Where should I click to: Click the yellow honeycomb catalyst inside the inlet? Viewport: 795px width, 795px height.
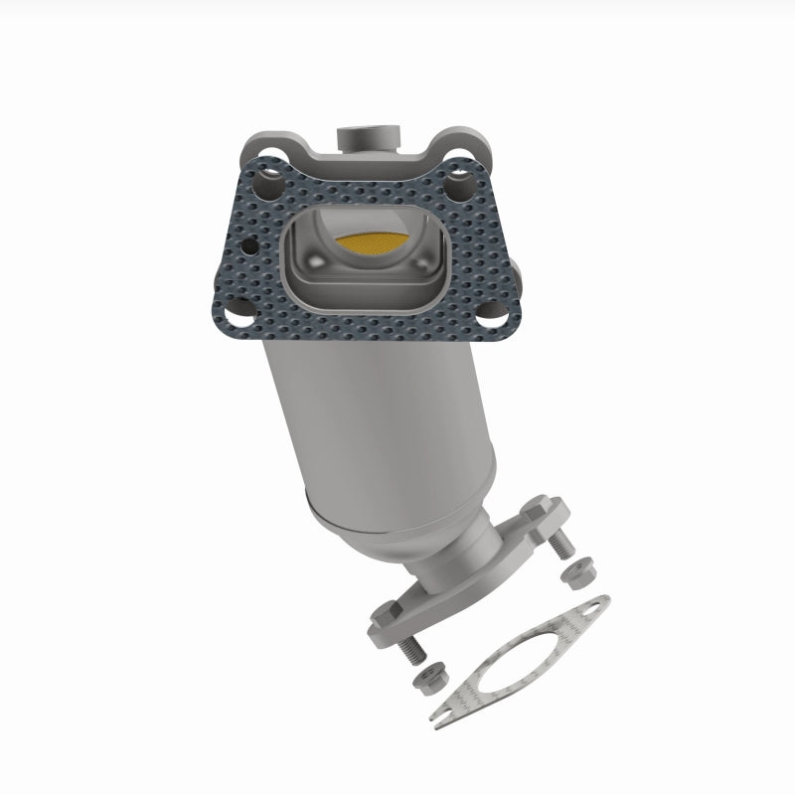[x=369, y=240]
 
